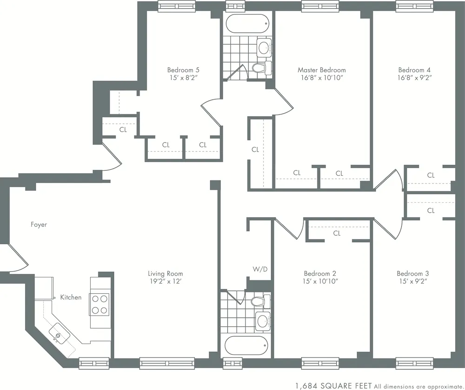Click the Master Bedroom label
click(321, 70)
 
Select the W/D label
click(259, 270)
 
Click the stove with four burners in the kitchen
click(99, 304)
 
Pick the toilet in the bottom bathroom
click(259, 301)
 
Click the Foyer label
click(39, 225)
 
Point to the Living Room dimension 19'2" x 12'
click(165, 281)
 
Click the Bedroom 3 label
click(412, 273)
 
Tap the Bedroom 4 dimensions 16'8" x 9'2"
click(415, 78)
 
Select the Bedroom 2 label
click(320, 273)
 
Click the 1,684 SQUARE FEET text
click(333, 385)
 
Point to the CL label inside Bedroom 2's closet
click(337, 233)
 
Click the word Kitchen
click(71, 297)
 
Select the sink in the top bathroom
click(264, 47)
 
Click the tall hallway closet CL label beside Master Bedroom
click(255, 150)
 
